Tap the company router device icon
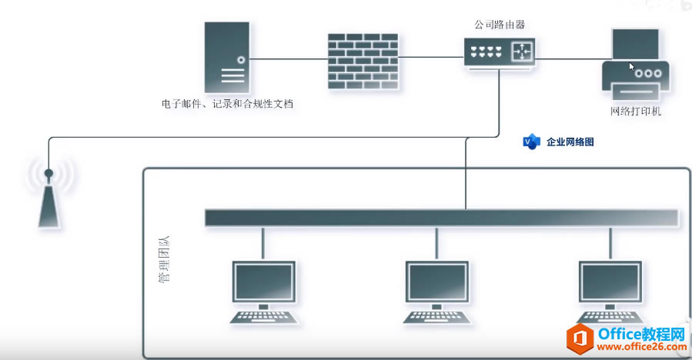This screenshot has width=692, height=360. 500,52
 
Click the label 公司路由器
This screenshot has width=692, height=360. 500,25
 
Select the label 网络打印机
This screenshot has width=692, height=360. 636,111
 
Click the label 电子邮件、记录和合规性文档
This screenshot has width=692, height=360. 227,103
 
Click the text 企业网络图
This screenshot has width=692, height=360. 570,142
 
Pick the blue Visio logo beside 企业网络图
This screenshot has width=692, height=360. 531,142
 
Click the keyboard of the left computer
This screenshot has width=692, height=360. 264,316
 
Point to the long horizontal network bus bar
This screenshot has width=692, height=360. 441,218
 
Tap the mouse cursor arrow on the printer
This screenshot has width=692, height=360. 632,67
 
